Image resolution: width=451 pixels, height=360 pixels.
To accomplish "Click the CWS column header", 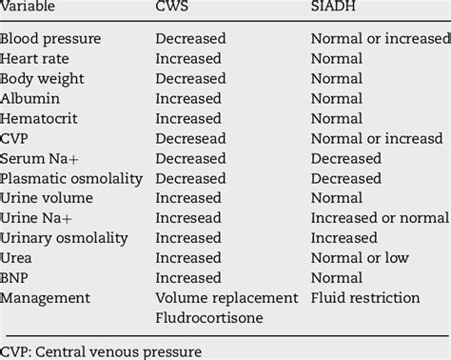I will (176, 8).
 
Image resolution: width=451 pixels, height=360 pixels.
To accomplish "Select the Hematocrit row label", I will (40, 118).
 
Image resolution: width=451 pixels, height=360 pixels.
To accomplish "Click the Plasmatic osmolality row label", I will (71, 178).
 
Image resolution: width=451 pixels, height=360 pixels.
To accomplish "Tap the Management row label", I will (47, 298).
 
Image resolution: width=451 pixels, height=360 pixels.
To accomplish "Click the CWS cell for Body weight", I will (191, 79).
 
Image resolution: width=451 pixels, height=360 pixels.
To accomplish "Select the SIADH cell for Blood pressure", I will (380, 39).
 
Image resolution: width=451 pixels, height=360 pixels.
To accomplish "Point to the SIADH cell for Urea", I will (360, 258).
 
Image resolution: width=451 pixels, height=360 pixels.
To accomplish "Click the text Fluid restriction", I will (365, 298).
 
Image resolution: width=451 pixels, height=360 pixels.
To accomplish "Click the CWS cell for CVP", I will (191, 138).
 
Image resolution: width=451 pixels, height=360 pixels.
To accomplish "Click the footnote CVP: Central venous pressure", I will (101, 350).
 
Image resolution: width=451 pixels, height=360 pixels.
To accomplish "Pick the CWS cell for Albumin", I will (189, 98).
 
